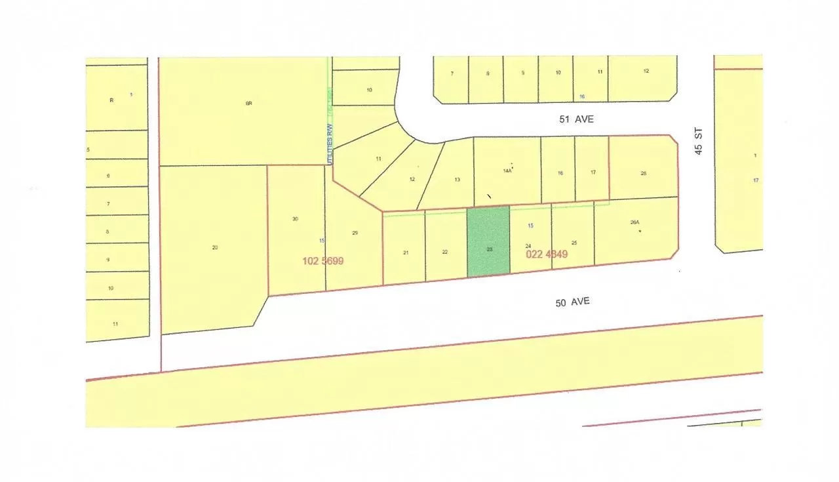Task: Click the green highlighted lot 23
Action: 488,241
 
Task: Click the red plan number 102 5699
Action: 323,260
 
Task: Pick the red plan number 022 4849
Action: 547,254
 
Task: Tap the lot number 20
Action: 215,247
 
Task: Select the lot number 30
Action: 296,218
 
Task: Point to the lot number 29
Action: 355,233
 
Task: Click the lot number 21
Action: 406,252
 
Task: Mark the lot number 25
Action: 574,243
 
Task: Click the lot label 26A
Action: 634,222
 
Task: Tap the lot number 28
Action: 644,173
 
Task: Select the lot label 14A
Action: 507,171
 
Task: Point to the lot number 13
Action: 458,180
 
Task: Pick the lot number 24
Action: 528,246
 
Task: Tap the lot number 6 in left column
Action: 108,176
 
